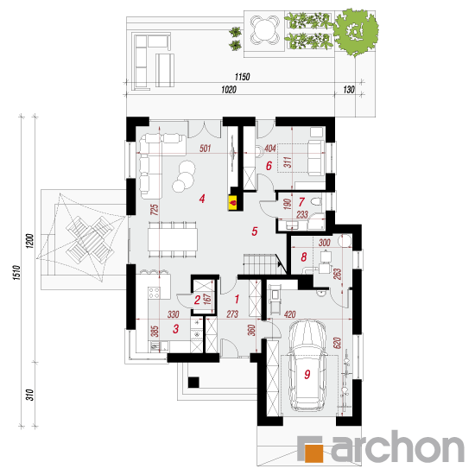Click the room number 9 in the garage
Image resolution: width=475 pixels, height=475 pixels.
(307, 374)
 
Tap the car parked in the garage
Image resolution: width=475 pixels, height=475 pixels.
(307, 365)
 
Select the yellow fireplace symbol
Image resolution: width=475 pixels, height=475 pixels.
(233, 202)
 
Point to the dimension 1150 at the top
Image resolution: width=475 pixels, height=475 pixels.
(243, 77)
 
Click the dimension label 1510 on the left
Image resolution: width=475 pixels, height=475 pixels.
(17, 272)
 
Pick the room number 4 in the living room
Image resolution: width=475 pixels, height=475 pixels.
(202, 199)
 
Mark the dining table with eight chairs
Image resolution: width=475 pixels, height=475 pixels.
(173, 239)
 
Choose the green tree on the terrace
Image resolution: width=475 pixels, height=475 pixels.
(356, 32)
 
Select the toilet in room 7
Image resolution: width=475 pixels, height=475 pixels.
(317, 201)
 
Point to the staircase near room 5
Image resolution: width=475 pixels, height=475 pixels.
(264, 264)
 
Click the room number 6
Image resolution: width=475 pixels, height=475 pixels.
(269, 166)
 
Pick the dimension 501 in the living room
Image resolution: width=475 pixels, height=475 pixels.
(205, 149)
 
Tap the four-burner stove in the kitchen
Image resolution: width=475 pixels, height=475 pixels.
(155, 293)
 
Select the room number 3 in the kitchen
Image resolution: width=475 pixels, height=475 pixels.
(175, 329)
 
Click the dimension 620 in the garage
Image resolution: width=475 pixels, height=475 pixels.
(337, 343)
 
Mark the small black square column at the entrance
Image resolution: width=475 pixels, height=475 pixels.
(193, 383)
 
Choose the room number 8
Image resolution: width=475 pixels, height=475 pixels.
(303, 256)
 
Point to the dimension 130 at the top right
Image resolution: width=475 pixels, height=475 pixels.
(349, 89)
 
